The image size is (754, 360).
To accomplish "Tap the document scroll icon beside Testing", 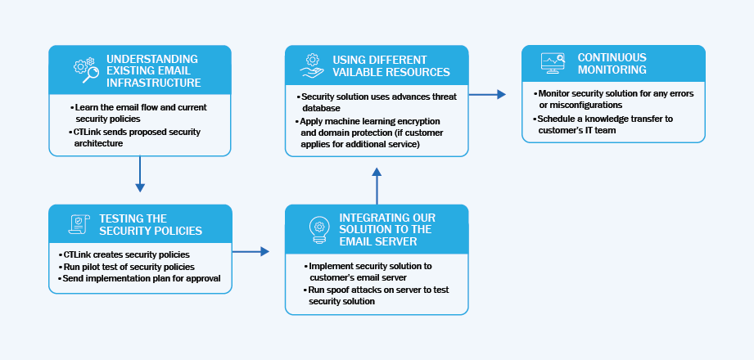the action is point(79,224).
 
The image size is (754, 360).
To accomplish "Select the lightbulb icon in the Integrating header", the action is point(319,230).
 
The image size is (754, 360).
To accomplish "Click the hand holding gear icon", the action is point(312,65).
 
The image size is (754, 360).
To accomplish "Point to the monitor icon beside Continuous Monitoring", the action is point(553,63).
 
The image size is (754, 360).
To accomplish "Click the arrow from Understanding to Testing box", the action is point(140,173).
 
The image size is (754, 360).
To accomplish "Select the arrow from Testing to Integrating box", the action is point(251,251).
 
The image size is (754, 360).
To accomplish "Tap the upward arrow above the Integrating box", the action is point(377,186).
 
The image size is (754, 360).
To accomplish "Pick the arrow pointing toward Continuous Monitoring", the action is point(487,95).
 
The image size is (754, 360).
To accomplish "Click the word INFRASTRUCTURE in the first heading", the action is point(153,83).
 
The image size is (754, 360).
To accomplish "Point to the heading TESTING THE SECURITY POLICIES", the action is point(151,224).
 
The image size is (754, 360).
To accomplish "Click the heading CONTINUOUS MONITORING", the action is point(612,64).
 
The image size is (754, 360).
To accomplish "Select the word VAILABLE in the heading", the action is point(357,72).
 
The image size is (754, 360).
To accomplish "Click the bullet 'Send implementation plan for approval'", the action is point(139,278).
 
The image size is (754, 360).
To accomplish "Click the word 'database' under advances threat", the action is point(321,109).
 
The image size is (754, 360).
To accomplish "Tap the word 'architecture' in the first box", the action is point(98,143).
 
